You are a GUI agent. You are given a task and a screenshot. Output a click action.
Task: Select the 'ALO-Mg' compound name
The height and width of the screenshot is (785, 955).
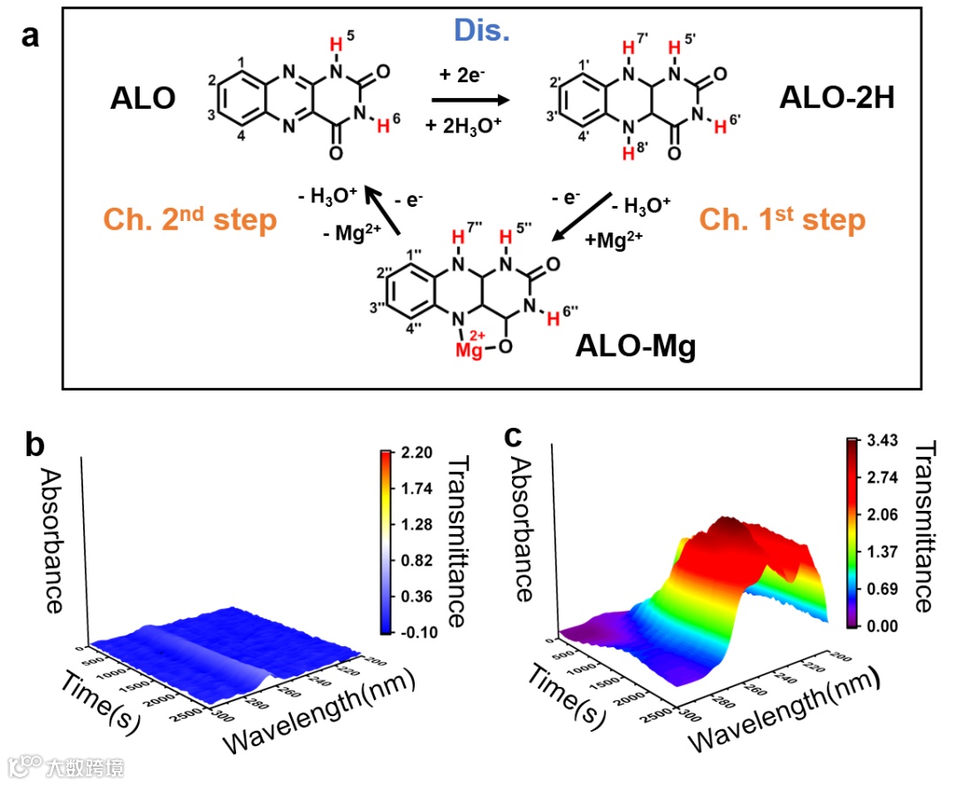pos(635,346)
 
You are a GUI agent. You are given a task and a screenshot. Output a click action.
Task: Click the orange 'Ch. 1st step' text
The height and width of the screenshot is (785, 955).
pos(782,219)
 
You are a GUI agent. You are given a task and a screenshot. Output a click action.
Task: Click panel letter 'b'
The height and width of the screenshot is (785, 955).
pos(35,446)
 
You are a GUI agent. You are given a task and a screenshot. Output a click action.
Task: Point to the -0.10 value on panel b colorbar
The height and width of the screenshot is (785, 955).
pos(414,633)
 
